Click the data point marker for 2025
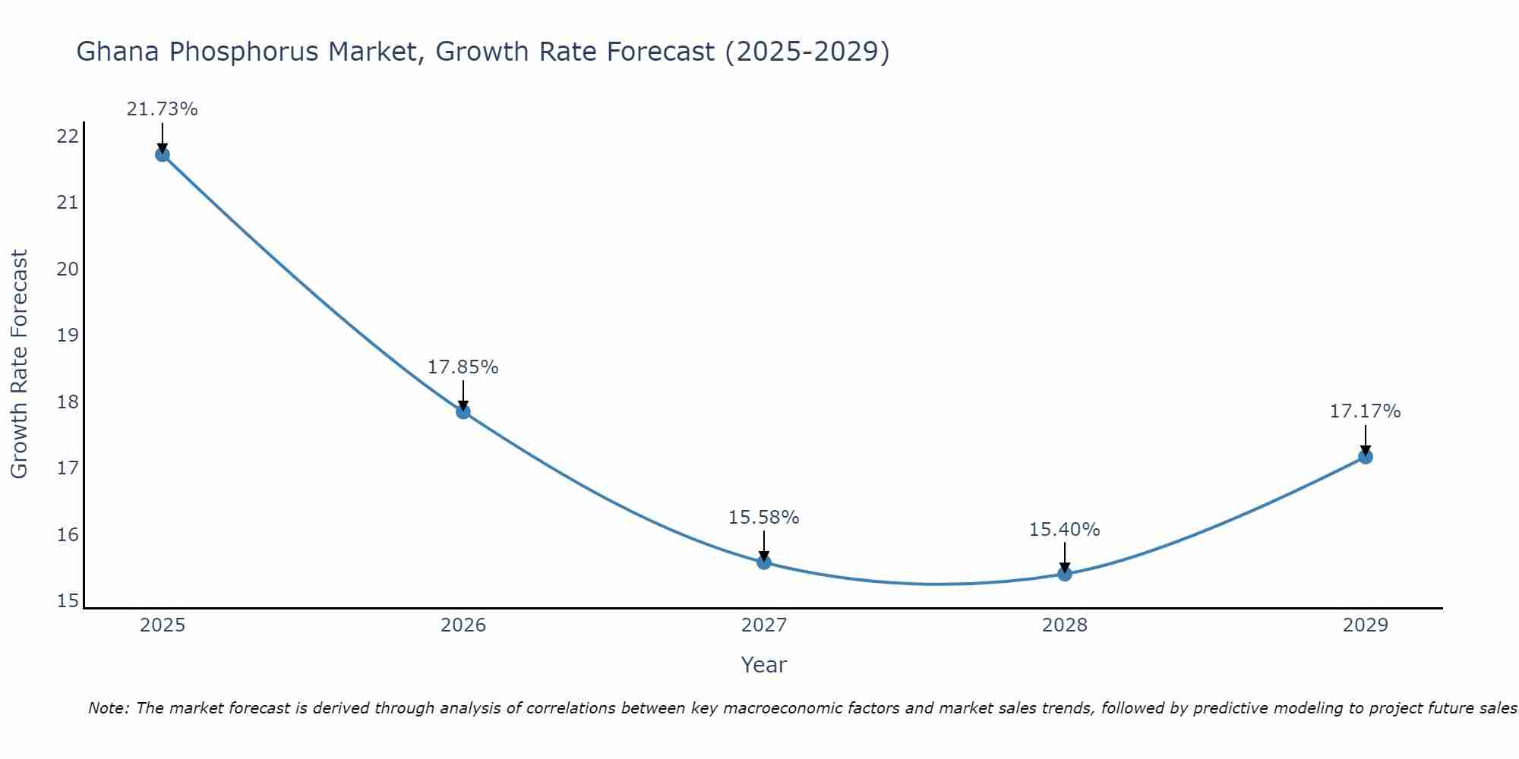click(162, 155)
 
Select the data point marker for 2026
click(463, 412)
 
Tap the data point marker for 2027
click(764, 562)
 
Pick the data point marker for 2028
click(1065, 574)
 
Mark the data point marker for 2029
click(1365, 457)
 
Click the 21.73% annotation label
click(162, 109)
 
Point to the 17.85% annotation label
click(463, 367)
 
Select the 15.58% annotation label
click(763, 518)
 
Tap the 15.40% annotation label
click(1064, 530)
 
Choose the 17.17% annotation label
click(1365, 411)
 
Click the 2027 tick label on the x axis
click(764, 625)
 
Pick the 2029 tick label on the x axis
click(1365, 625)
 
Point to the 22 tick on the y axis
click(68, 137)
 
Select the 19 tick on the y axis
click(68, 335)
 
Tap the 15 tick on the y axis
click(68, 601)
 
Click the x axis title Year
click(763, 665)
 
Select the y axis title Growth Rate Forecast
click(19, 364)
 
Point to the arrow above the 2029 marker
click(1365, 439)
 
